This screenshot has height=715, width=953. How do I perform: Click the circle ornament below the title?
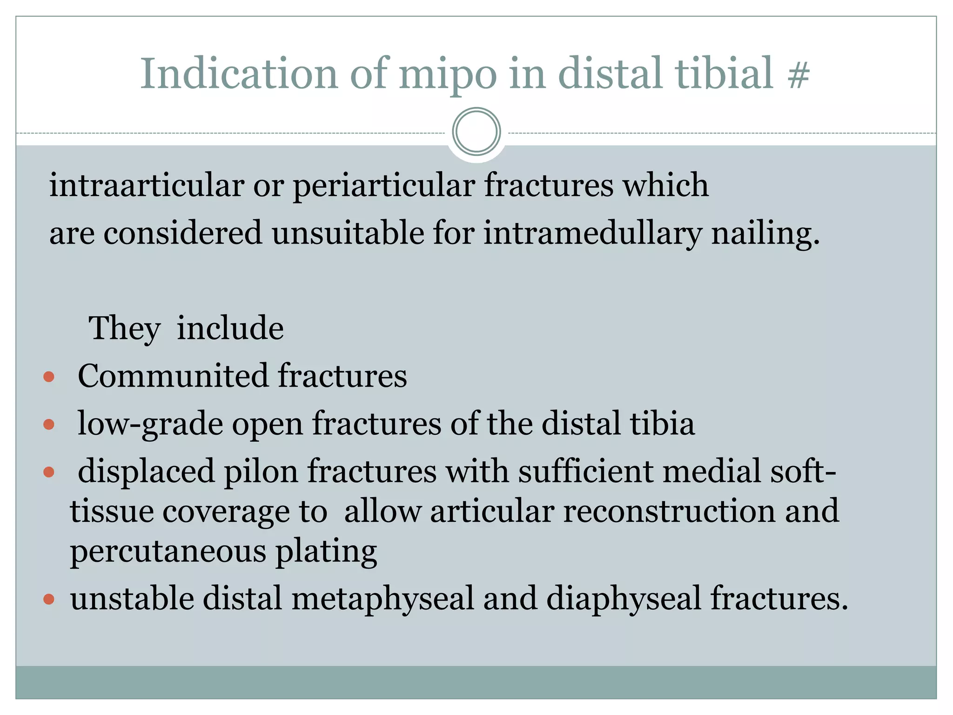click(x=476, y=132)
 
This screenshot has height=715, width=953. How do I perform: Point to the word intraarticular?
click(x=147, y=185)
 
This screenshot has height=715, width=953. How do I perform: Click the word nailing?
click(x=765, y=234)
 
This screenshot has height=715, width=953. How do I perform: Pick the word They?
click(x=124, y=329)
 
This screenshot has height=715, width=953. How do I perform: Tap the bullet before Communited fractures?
click(x=49, y=377)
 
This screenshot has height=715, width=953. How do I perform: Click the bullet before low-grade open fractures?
click(x=49, y=425)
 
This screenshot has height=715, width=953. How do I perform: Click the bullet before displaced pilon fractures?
click(x=49, y=472)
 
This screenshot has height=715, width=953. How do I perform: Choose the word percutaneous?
click(x=168, y=552)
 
